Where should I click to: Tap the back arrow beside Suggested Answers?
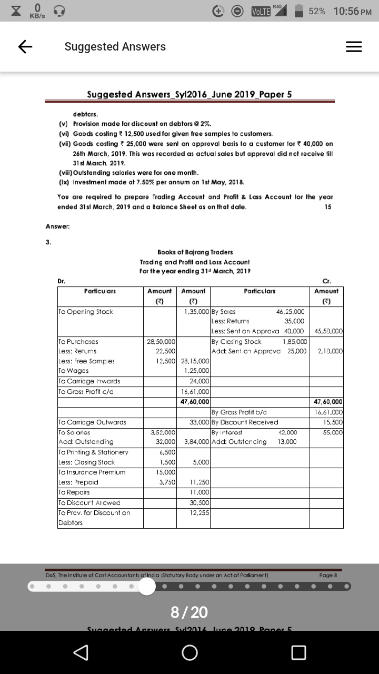pos(25,47)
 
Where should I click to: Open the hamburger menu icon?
pos(354,47)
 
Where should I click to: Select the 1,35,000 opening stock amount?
pos(195,312)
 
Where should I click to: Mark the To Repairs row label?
pos(75,492)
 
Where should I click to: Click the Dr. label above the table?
pos(62,281)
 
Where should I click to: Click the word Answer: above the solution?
pos(58,226)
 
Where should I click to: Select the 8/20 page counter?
pos(189,612)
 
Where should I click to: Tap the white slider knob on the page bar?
pos(147,587)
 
